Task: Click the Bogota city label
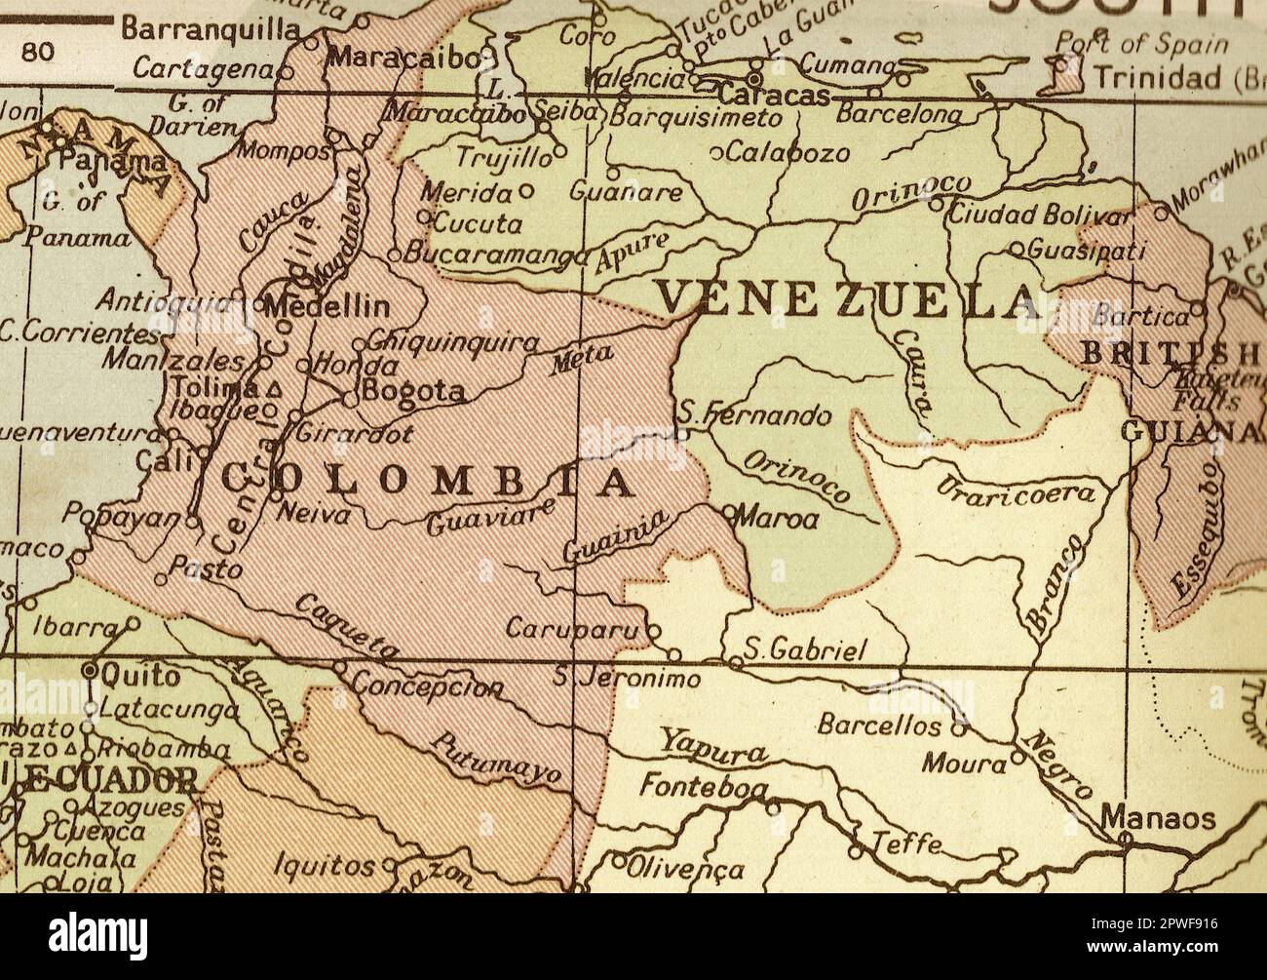412,392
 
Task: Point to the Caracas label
774,96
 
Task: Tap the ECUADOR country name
102,780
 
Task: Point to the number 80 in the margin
38,52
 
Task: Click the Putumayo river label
497,759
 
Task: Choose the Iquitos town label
324,865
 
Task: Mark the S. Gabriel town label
804,650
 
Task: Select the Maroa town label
777,518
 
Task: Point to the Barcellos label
879,725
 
